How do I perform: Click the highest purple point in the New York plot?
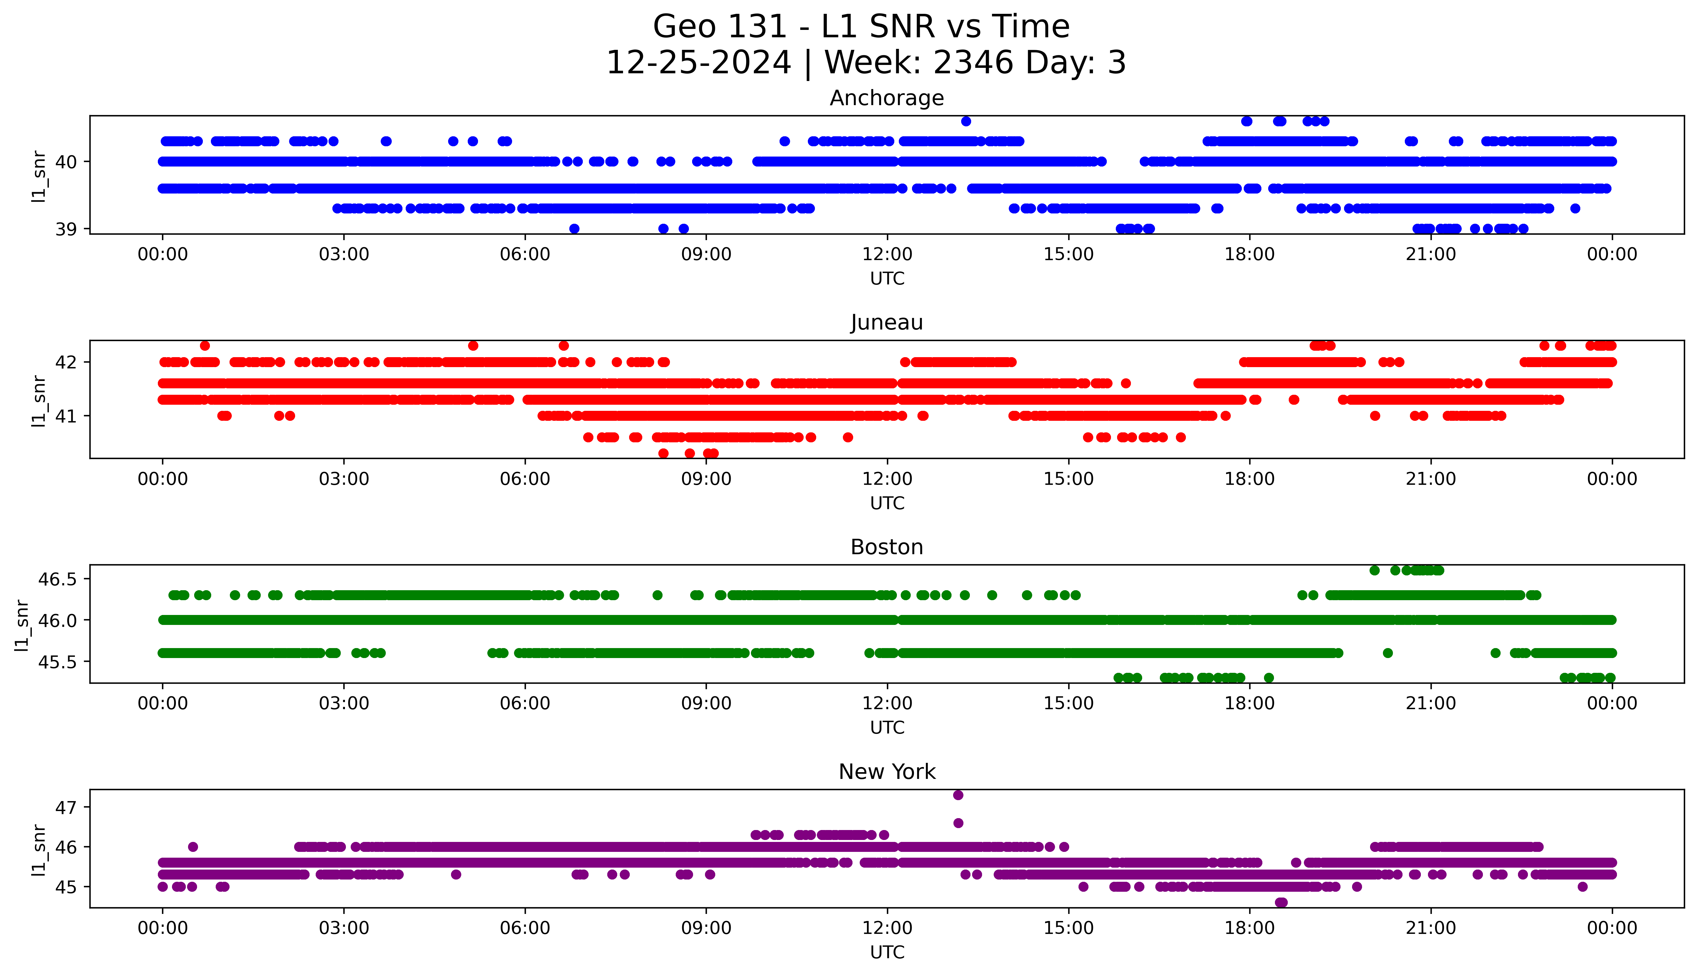point(958,795)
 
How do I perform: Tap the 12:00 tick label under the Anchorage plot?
point(887,255)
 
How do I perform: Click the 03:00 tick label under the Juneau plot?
point(344,479)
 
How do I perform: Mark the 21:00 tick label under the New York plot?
point(1431,928)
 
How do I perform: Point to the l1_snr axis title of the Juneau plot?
point(39,401)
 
